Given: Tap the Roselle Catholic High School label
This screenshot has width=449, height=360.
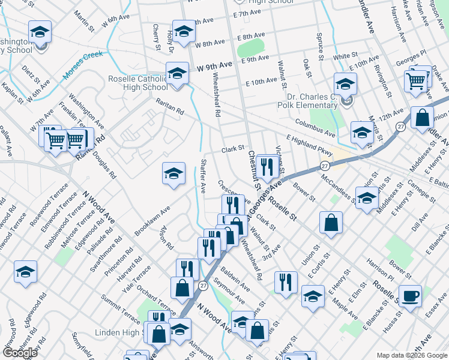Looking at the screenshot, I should (x=137, y=83).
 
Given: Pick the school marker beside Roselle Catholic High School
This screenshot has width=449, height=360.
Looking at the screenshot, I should (x=177, y=74).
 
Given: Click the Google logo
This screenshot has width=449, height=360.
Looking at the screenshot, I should (x=20, y=353).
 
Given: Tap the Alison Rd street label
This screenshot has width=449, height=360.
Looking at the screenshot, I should (x=166, y=238).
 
